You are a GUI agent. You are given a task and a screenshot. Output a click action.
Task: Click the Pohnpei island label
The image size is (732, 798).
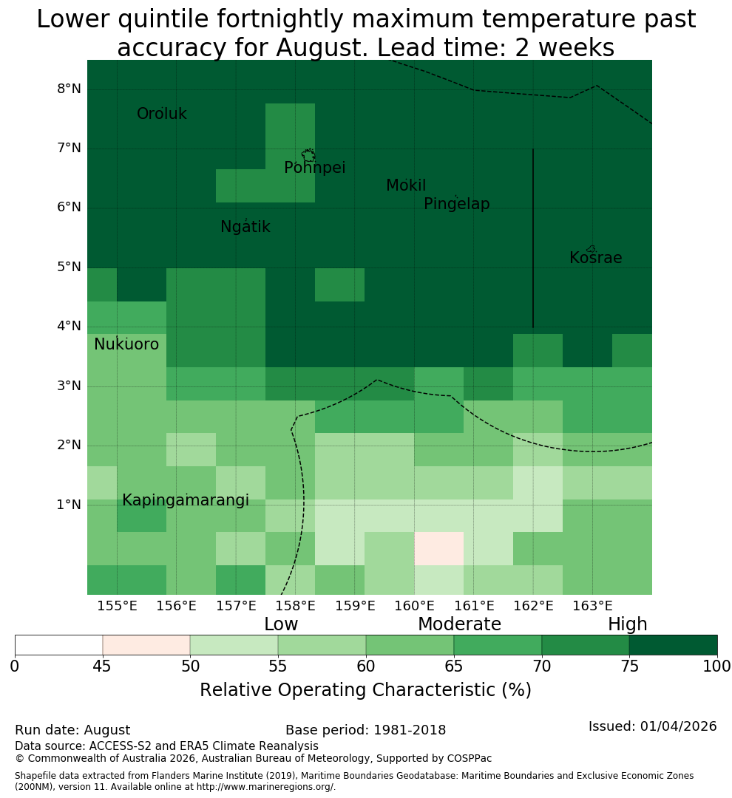[x=315, y=168]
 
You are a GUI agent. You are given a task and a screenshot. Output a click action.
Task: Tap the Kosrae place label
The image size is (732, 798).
[x=595, y=258]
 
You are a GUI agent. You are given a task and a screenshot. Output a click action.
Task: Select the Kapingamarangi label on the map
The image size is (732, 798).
[x=186, y=500]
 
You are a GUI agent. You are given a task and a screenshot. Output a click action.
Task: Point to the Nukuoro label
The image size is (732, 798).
[x=126, y=344]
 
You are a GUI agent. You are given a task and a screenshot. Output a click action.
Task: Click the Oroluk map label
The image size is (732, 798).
[x=162, y=114]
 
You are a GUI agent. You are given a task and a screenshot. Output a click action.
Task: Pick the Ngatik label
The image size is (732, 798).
[x=245, y=227]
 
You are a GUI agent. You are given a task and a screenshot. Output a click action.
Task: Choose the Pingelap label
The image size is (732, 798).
[x=456, y=204]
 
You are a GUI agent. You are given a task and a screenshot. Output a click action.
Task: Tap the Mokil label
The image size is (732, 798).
[x=406, y=185]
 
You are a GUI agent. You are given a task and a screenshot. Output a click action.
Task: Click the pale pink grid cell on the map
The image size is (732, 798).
[x=439, y=548]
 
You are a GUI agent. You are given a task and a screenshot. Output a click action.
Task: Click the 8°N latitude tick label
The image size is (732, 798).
[x=69, y=89]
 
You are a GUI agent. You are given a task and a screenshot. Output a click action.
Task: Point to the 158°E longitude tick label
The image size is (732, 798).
[x=296, y=606]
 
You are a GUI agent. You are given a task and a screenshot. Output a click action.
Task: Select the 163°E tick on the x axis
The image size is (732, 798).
[x=592, y=606]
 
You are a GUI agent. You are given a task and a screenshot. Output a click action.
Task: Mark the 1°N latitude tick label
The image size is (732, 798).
[x=69, y=505]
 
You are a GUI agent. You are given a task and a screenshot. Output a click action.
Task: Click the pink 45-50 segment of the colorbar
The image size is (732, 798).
[x=146, y=645]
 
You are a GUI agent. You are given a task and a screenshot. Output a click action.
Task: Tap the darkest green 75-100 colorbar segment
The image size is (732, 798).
[x=673, y=645]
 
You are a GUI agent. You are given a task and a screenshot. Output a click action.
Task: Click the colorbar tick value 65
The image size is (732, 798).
[x=454, y=666]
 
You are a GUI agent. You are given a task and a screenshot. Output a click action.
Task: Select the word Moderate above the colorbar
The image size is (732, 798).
[x=459, y=624]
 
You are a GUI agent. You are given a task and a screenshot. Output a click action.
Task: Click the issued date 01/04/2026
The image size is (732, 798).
[x=678, y=726]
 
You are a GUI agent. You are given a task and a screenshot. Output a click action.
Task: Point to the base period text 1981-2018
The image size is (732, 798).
[x=410, y=730]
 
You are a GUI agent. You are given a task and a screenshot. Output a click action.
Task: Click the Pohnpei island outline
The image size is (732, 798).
[x=308, y=155]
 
